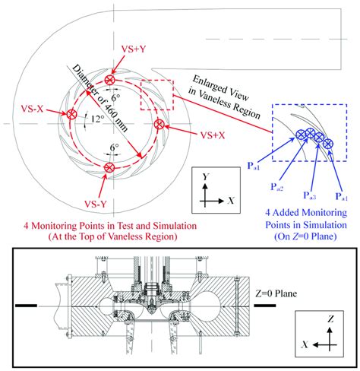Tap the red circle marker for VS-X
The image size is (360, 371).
pyautogui.click(x=71, y=115)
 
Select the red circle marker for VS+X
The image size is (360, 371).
pyautogui.click(x=158, y=124)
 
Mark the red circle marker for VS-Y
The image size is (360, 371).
pyautogui.click(x=110, y=166)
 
